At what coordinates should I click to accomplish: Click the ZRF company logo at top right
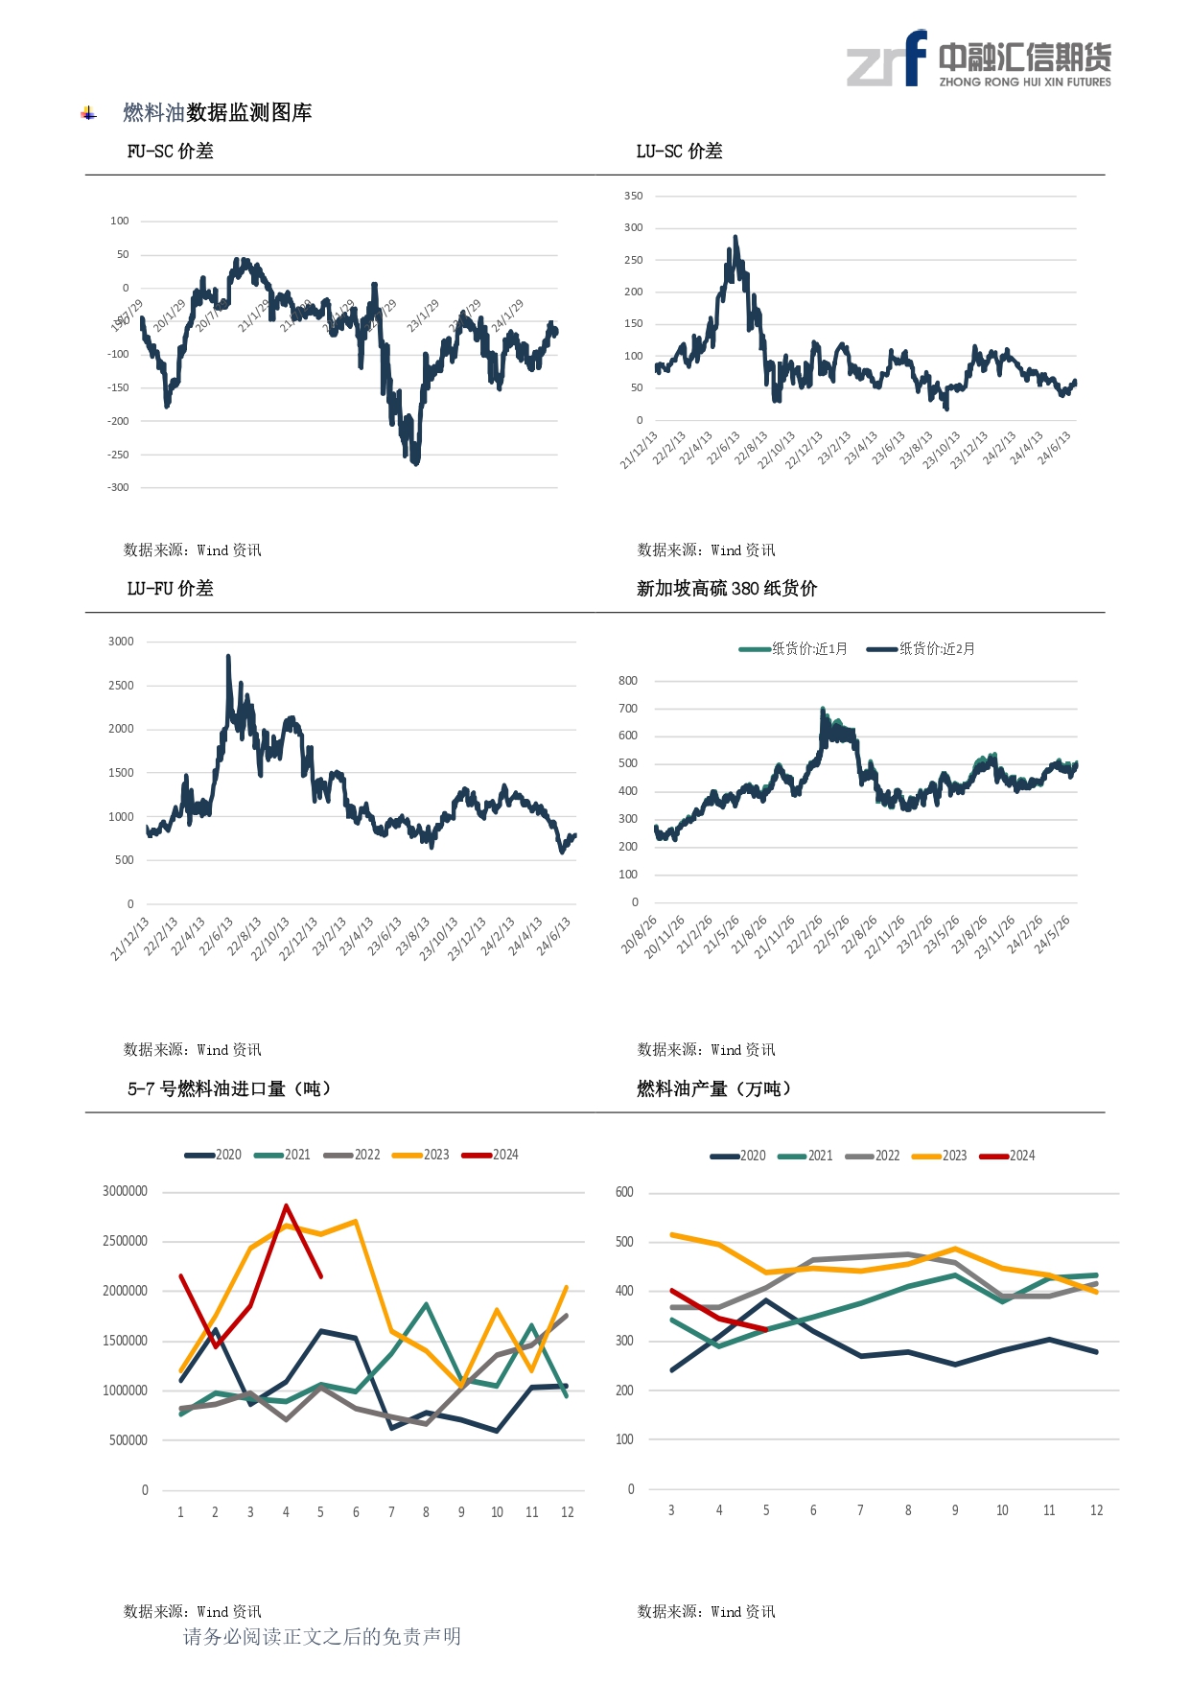[978, 59]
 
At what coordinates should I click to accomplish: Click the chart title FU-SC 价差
[170, 152]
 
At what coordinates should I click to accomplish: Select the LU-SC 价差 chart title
[679, 152]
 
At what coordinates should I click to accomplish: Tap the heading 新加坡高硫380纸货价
[726, 589]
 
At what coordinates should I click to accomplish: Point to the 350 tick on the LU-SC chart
[633, 197]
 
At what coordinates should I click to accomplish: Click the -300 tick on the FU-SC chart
[118, 488]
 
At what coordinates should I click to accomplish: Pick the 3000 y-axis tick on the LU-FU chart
[121, 642]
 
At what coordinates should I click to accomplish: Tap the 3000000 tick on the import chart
[126, 1191]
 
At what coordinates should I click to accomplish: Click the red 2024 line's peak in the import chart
[286, 1206]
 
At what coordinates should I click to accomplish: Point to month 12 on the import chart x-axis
[567, 1512]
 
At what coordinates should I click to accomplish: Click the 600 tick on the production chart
[624, 1192]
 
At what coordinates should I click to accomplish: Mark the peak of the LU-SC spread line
[735, 237]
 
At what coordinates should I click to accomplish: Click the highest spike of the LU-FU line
[228, 657]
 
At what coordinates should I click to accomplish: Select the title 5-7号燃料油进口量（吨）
[229, 1088]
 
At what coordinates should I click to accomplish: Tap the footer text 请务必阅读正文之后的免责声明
[322, 1636]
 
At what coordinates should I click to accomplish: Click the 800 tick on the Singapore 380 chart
[628, 681]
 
